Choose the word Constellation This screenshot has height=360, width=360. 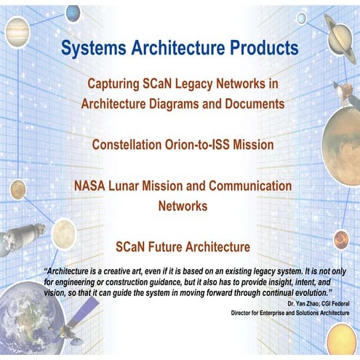[x=129, y=145]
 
